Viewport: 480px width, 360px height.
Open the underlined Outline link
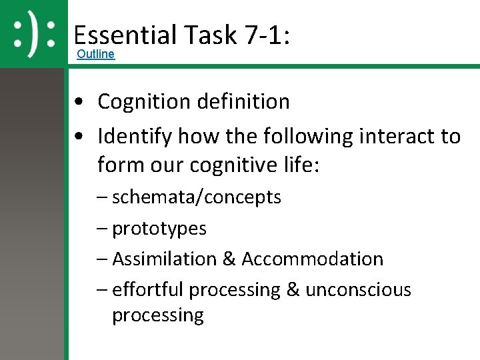coord(96,54)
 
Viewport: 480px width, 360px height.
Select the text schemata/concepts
coord(197,197)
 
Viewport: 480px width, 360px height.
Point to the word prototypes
coord(159,228)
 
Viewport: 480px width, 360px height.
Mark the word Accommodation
coord(313,259)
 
